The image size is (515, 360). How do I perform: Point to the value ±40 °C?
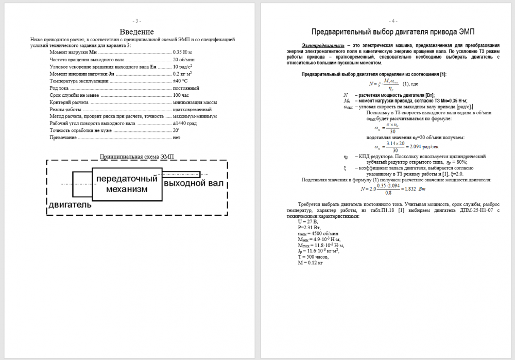pyautogui.click(x=180, y=81)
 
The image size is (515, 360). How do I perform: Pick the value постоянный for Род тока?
pyautogui.click(x=186, y=89)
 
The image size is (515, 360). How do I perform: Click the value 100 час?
pyautogui.click(x=181, y=95)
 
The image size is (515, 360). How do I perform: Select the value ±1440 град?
pyautogui.click(x=185, y=124)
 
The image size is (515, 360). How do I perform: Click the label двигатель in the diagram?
pyautogui.click(x=70, y=204)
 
